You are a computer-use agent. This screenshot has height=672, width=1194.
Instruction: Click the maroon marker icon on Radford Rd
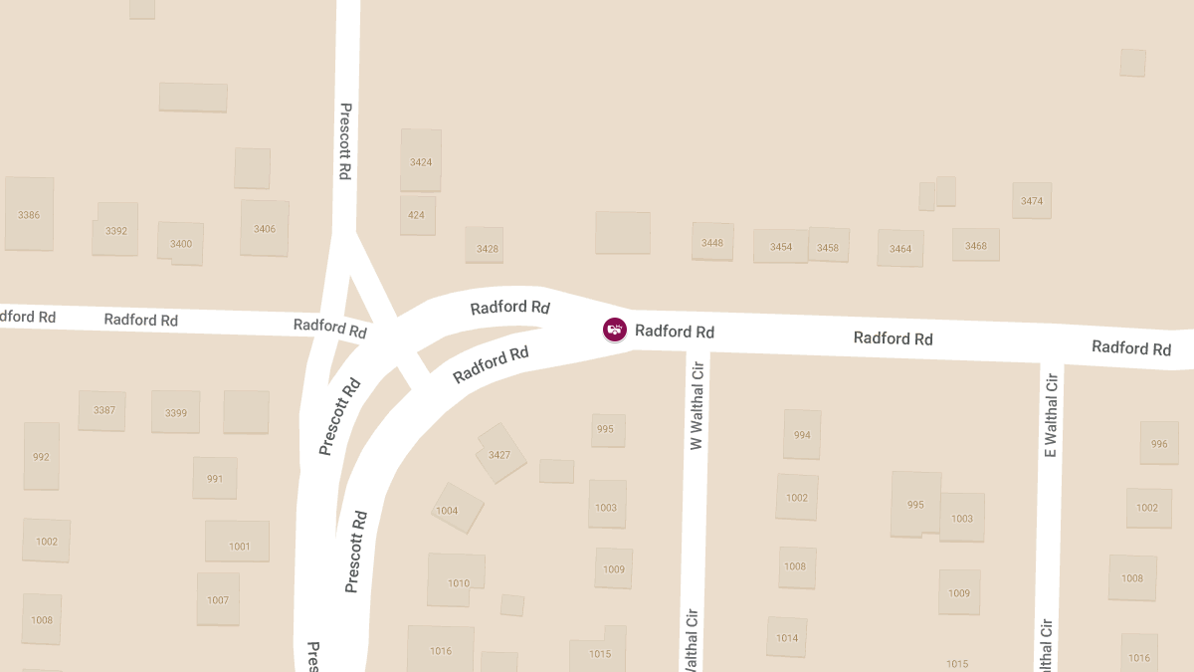click(615, 330)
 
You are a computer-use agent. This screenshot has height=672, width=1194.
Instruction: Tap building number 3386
click(29, 214)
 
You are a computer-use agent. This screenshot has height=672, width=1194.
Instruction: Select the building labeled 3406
click(265, 228)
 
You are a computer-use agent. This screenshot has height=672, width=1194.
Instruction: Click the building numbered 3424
click(421, 160)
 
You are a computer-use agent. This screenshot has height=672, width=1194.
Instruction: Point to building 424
click(417, 215)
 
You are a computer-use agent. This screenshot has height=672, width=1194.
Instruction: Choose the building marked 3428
click(488, 248)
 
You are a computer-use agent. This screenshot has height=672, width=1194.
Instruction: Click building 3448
click(712, 242)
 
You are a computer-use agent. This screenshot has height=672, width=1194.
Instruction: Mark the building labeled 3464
click(900, 248)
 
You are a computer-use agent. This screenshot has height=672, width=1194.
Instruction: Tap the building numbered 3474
click(1032, 201)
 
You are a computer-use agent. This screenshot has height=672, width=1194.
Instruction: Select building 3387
click(102, 410)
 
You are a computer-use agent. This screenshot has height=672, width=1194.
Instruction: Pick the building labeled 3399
click(176, 412)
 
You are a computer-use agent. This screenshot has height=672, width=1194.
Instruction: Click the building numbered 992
click(41, 456)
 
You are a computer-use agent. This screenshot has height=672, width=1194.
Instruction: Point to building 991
click(215, 478)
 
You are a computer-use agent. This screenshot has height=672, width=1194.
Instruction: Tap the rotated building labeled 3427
click(500, 454)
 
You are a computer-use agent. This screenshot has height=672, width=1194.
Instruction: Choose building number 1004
click(457, 510)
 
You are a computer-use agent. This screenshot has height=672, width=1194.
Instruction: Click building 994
click(802, 435)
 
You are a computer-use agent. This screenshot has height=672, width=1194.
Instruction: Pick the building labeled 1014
click(787, 637)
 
